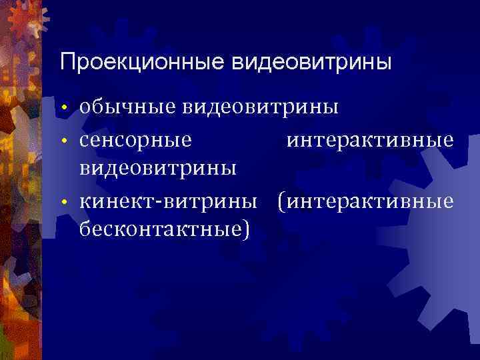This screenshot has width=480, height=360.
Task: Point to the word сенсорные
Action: tap(136, 141)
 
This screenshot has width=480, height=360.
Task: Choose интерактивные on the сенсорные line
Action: tap(371, 141)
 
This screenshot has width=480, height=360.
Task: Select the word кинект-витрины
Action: tap(167, 201)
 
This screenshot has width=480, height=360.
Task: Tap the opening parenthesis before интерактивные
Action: tap(281, 201)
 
